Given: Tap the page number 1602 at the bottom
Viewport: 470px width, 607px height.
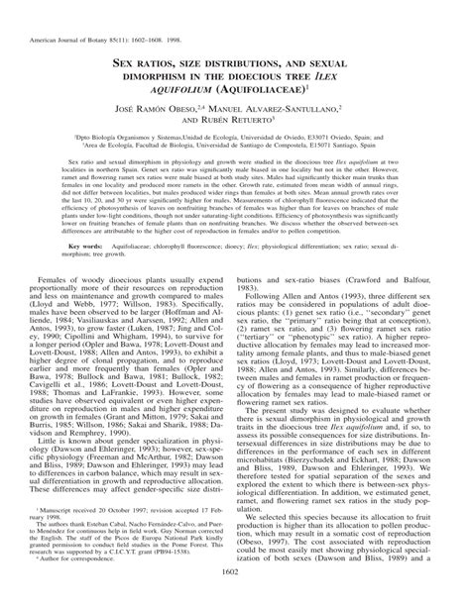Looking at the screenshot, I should tap(234, 596).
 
